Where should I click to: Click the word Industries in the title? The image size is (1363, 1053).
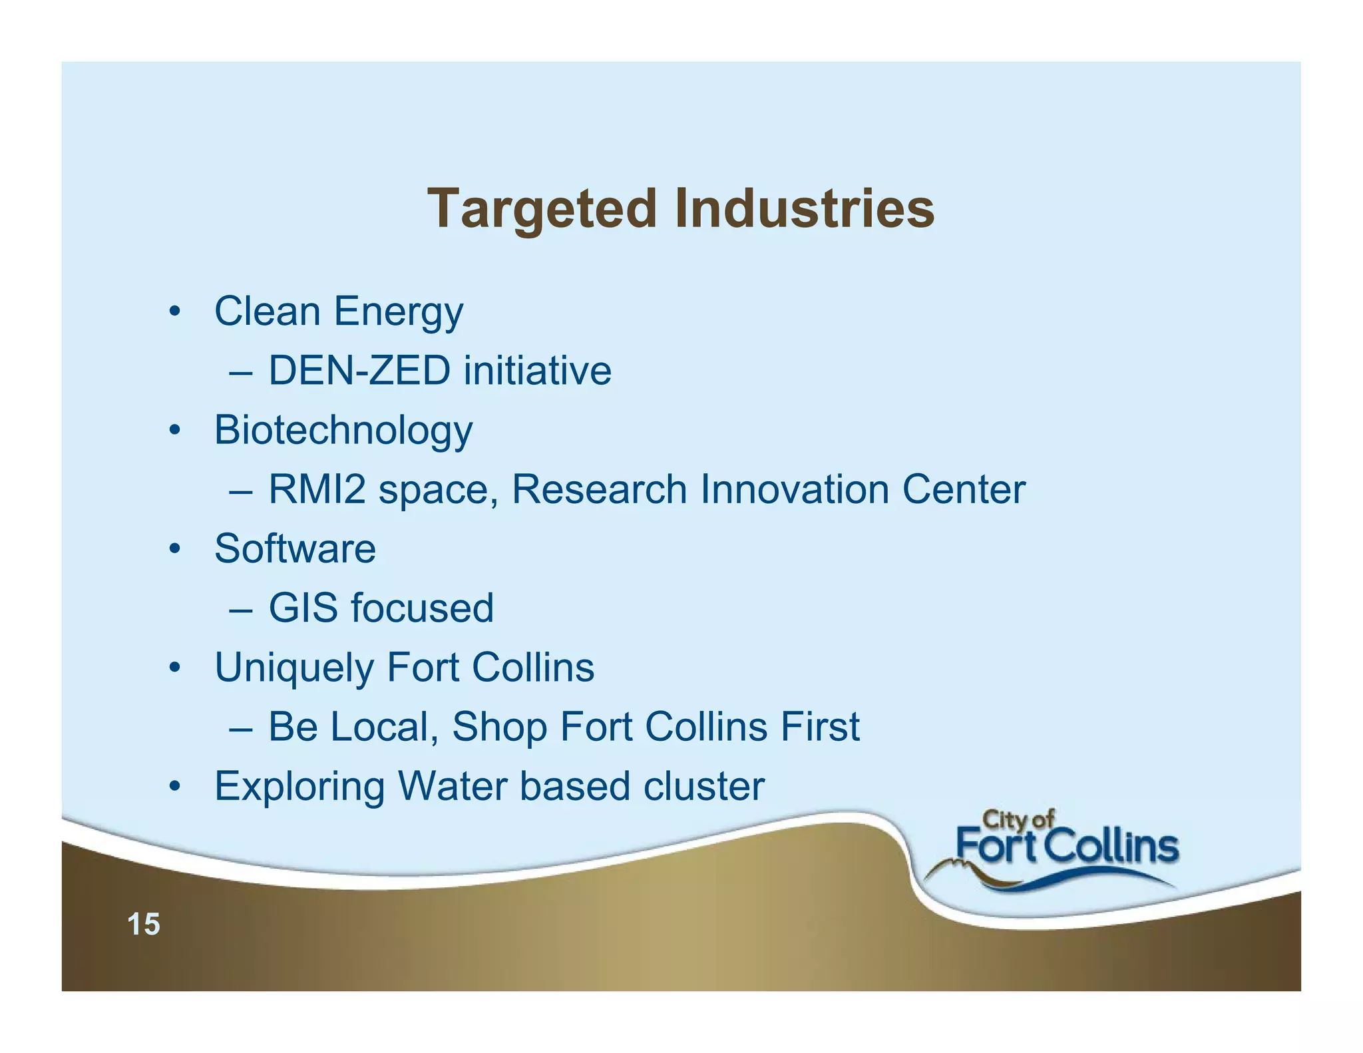pos(804,208)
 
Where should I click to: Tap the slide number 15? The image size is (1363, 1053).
pos(144,925)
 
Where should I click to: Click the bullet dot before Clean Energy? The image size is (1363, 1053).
pos(174,312)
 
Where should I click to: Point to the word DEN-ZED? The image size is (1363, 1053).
pos(359,371)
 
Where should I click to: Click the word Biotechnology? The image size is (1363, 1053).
pos(343,431)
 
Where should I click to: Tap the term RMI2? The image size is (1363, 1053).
pos(317,489)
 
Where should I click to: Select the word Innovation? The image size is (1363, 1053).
pos(795,489)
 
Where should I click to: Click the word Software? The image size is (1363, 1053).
pos(295,549)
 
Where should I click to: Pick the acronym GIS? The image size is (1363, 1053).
pos(303,608)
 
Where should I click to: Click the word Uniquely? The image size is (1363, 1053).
pos(293,668)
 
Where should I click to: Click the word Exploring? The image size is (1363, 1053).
pos(299,787)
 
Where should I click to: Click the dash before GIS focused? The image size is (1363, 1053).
pos(240,610)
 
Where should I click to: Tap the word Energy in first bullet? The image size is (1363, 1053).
pos(398,312)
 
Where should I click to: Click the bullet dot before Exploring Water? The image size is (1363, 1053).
pos(174,787)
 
